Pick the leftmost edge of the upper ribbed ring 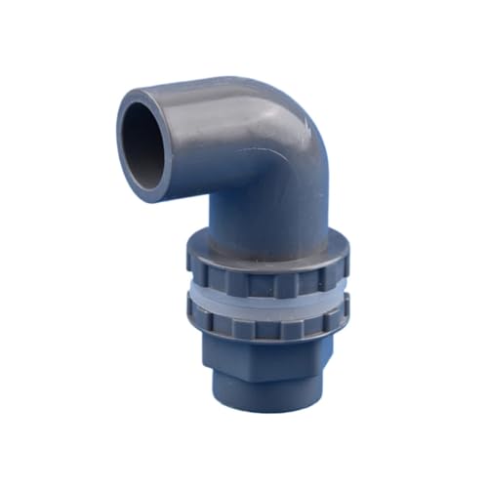pos(183,270)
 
